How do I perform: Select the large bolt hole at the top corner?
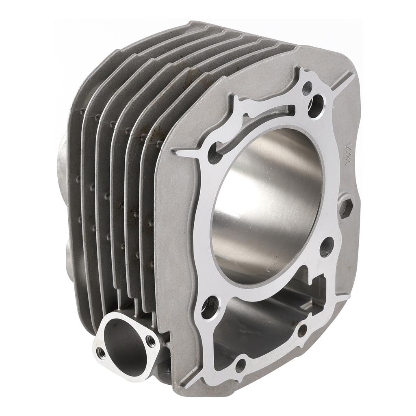[x=316, y=101]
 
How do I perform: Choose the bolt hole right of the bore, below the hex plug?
[x=327, y=247]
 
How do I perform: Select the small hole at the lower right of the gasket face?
[x=302, y=330]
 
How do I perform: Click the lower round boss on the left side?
[x=67, y=260]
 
